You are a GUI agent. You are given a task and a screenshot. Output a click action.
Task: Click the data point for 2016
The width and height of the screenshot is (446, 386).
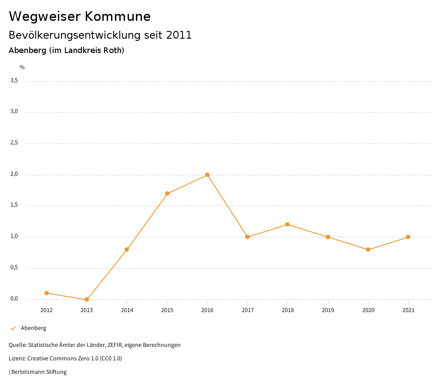click(x=207, y=175)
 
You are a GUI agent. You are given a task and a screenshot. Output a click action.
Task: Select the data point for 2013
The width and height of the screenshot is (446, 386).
click(x=87, y=299)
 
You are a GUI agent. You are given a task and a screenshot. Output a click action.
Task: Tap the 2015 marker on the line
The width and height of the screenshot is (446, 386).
click(x=167, y=193)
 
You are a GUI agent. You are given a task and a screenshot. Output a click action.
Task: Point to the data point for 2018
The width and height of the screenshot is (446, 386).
click(x=287, y=224)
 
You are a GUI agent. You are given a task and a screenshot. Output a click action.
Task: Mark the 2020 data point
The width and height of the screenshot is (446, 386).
click(x=368, y=250)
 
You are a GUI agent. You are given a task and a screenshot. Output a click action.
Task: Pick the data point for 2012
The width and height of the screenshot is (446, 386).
click(x=47, y=293)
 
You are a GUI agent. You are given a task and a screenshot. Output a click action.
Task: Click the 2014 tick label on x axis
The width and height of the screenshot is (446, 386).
click(x=127, y=310)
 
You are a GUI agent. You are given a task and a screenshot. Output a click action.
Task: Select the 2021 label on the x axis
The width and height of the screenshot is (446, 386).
click(x=408, y=310)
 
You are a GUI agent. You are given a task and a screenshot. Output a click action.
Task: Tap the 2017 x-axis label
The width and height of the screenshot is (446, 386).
click(x=247, y=310)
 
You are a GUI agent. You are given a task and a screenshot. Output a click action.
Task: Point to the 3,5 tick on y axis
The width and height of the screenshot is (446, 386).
click(x=14, y=80)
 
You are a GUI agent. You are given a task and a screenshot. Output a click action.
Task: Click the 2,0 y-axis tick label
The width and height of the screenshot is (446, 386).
click(x=14, y=174)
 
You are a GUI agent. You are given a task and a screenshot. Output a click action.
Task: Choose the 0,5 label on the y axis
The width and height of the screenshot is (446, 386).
click(x=14, y=267)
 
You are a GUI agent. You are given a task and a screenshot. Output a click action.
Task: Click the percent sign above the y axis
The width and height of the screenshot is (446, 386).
click(x=22, y=67)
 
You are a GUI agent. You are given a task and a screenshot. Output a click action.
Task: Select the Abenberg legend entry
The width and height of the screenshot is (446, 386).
click(x=33, y=328)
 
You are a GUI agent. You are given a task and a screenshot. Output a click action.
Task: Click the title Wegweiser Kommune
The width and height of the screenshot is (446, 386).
click(x=80, y=17)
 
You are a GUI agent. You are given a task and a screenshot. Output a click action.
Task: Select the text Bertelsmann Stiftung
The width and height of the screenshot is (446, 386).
click(x=39, y=372)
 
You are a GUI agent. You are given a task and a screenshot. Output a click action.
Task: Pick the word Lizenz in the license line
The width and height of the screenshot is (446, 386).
click(x=17, y=359)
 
